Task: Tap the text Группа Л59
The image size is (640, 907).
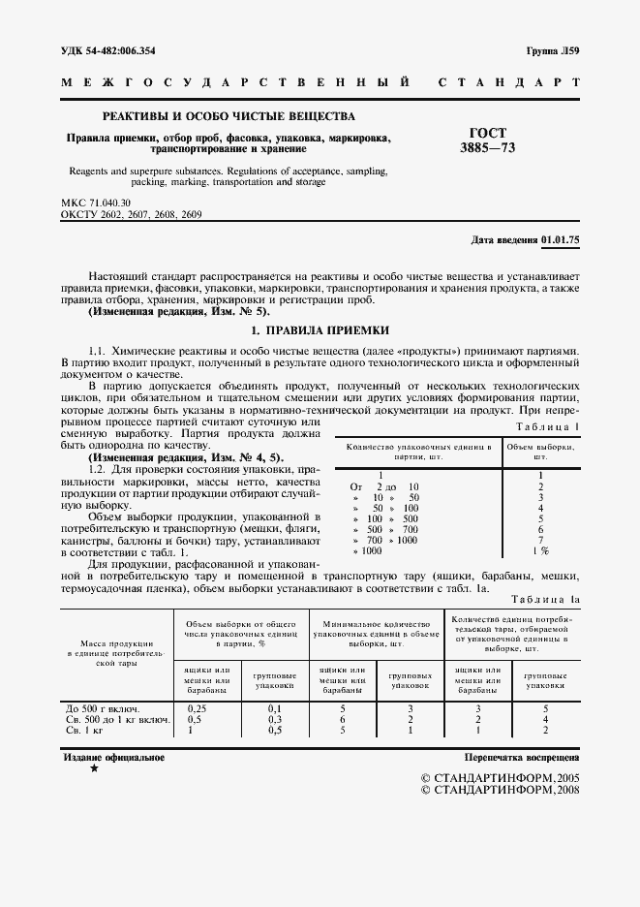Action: (x=553, y=50)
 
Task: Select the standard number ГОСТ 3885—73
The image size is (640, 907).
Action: (x=488, y=141)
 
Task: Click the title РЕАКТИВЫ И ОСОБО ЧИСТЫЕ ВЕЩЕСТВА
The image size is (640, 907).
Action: (x=229, y=116)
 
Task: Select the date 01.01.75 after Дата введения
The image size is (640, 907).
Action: (x=561, y=239)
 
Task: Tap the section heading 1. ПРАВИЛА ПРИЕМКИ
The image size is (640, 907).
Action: (x=320, y=330)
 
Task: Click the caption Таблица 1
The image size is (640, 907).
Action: (x=548, y=426)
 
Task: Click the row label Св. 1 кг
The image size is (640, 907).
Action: (x=82, y=731)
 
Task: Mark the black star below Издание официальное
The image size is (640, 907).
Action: (x=94, y=768)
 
